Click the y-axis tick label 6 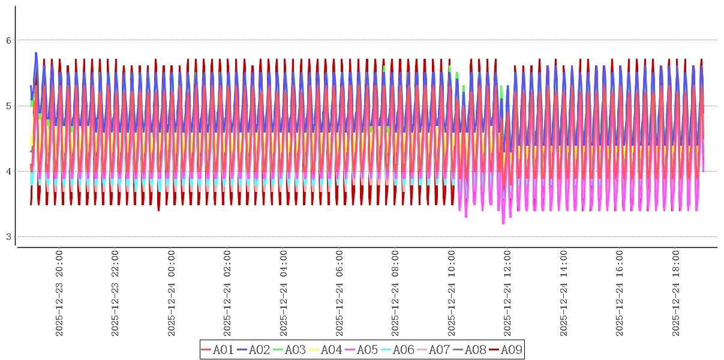[8, 40]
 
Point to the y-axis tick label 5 [8, 106]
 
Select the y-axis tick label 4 [8, 172]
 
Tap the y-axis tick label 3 [8, 237]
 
